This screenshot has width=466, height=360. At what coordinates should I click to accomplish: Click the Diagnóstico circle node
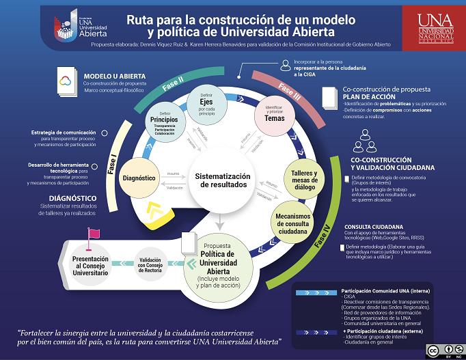coord(140,178)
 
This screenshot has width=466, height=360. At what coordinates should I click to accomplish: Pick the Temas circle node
coord(269,114)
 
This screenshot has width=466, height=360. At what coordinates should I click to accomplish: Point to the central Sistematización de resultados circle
coord(223,180)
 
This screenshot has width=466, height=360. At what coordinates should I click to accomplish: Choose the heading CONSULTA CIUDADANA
coord(373,227)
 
